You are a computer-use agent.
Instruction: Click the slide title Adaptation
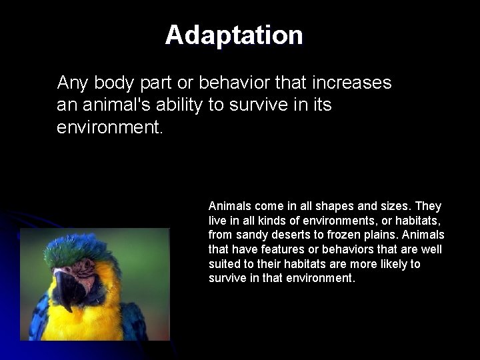pos(234,35)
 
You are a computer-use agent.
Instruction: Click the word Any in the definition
pos(72,83)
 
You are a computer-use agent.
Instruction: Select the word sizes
pos(396,206)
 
